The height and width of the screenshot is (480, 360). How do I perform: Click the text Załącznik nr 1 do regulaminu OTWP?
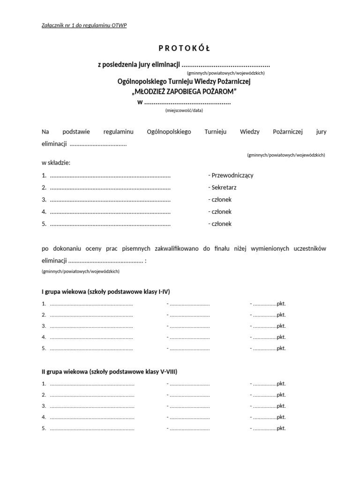[x=84, y=25]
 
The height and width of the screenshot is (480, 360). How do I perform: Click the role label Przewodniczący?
[x=231, y=175]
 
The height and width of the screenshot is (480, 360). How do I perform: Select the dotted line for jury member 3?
[x=110, y=200]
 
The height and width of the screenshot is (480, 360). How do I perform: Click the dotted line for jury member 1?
[x=110, y=176]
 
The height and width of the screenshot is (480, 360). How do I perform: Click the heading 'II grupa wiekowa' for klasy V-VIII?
[x=109, y=372]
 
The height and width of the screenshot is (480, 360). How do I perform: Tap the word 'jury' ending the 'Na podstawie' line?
[x=321, y=132]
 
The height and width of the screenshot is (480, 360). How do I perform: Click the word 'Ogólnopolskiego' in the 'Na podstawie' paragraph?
[x=169, y=132]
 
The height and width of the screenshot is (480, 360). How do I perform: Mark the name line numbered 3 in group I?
[x=91, y=326]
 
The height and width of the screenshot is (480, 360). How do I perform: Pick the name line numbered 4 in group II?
[x=92, y=417]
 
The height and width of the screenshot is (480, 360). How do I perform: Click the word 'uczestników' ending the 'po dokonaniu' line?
[x=308, y=248]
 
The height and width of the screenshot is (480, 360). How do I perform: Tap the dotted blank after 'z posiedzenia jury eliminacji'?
[x=225, y=65]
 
